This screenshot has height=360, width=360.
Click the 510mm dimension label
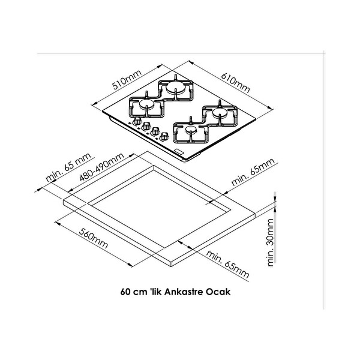(x=127, y=79)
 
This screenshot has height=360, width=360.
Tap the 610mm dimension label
(x=235, y=83)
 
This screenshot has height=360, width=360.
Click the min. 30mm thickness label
(x=271, y=242)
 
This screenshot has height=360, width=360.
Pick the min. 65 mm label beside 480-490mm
(x=68, y=167)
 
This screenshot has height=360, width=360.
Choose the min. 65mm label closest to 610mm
(x=253, y=172)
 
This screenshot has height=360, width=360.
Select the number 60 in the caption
(x=125, y=292)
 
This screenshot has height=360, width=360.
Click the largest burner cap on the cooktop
(x=175, y=87)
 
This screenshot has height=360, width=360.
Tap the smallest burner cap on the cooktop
(x=191, y=130)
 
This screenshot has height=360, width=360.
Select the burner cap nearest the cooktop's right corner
(x=220, y=112)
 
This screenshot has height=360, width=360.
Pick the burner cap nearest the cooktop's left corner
(x=146, y=104)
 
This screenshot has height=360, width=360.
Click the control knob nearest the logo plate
(x=164, y=136)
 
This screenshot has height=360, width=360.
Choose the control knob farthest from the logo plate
(x=137, y=121)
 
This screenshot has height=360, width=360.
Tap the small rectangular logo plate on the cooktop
(x=179, y=152)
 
